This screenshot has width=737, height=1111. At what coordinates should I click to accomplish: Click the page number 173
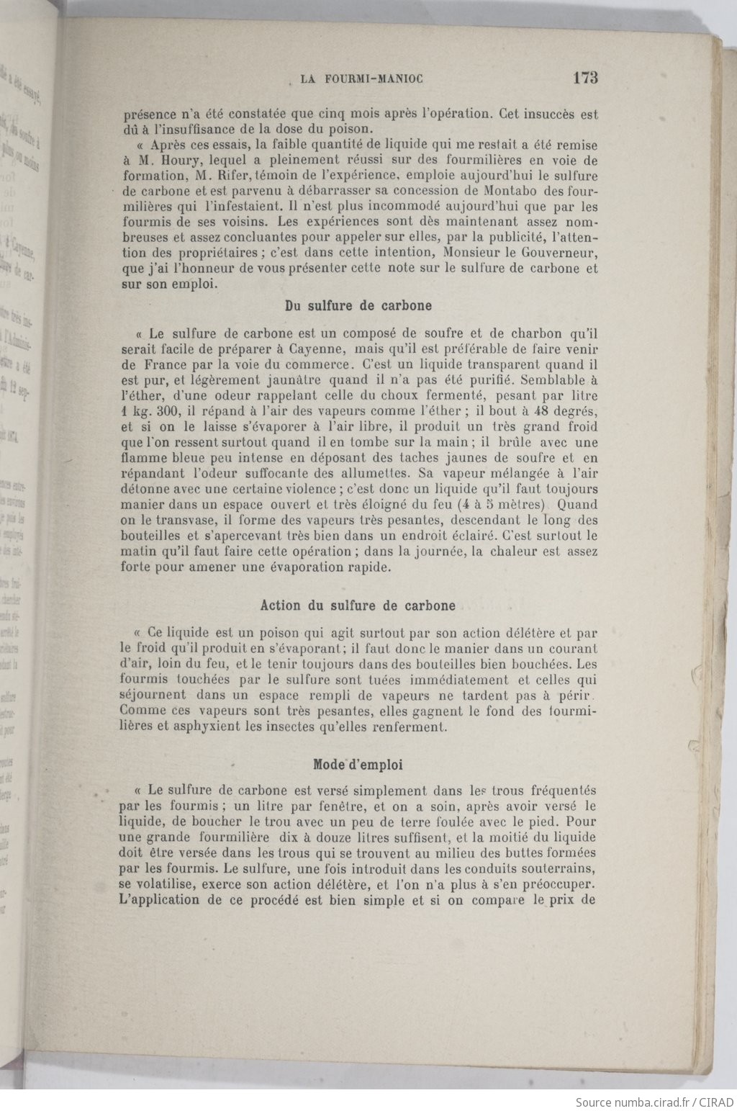(585, 78)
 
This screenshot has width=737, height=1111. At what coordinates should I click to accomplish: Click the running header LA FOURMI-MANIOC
(361, 79)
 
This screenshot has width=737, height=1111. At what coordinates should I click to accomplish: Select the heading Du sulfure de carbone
(358, 305)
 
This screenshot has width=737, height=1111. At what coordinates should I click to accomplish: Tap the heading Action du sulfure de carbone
(358, 606)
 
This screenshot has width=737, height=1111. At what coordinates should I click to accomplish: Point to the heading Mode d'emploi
(358, 765)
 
